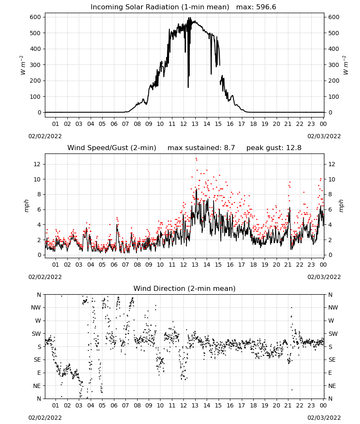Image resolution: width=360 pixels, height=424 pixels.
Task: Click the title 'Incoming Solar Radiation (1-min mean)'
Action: [160, 7]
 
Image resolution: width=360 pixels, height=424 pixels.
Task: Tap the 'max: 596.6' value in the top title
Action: [256, 7]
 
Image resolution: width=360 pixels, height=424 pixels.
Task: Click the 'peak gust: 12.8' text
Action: [274, 148]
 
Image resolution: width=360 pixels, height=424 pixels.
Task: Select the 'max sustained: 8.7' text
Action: [201, 148]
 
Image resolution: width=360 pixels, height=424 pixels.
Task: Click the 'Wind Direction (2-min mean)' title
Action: [185, 288]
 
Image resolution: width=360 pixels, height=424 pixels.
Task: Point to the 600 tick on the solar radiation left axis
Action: [36, 17]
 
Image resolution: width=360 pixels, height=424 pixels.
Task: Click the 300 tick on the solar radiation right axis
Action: [334, 65]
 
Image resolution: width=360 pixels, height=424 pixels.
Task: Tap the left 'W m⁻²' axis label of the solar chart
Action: [23, 65]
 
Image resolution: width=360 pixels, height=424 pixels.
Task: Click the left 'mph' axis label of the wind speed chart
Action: [26, 206]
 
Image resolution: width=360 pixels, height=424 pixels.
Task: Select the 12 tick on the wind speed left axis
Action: [38, 164]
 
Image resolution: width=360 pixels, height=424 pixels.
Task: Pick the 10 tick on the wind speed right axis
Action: [332, 179]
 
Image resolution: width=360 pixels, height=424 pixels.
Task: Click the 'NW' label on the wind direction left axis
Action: [36, 308]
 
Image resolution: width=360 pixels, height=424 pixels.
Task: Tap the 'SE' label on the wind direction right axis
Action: [332, 360]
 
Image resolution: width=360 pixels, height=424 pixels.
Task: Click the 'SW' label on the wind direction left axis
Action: [36, 334]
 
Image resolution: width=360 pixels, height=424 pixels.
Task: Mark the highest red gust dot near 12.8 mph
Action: [196, 159]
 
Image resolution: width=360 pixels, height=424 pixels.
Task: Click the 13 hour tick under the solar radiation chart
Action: [195, 124]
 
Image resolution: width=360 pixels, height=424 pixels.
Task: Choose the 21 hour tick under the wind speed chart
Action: [288, 265]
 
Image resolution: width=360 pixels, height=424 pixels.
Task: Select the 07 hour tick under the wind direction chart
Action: [125, 405]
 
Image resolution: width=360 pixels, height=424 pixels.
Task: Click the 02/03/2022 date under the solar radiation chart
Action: [324, 136]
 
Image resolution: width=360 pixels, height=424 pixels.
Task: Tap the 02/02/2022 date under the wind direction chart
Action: [45, 418]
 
